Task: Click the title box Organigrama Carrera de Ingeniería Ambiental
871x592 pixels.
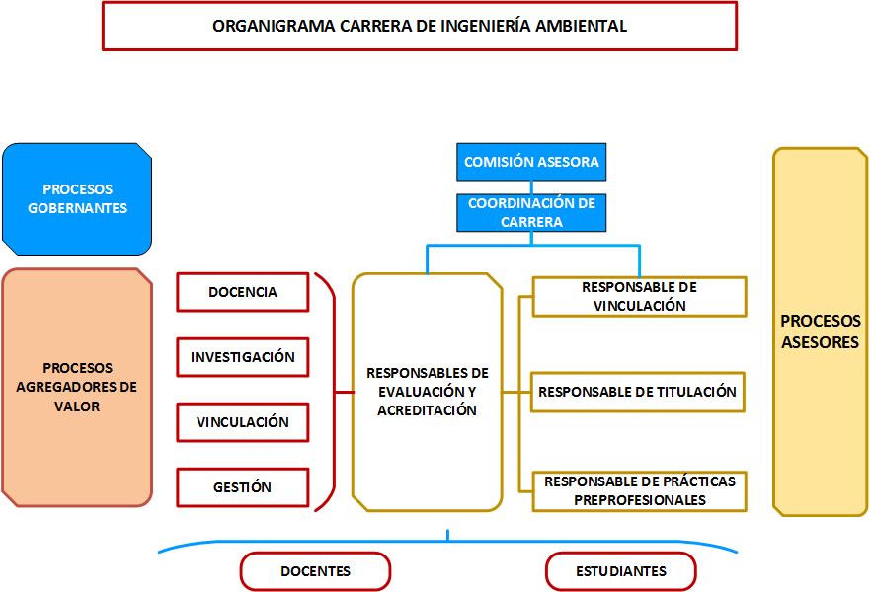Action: (420, 26)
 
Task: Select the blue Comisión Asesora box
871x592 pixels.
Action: (531, 162)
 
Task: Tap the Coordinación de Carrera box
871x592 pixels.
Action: (531, 212)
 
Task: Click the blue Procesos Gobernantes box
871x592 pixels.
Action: (77, 198)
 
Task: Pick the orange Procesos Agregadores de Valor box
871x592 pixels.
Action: (77, 388)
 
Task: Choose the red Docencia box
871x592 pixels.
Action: (243, 292)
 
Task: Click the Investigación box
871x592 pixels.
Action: (243, 357)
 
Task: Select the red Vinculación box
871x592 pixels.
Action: (243, 422)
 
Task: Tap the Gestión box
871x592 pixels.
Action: (243, 487)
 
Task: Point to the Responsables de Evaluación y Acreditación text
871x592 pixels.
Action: (428, 391)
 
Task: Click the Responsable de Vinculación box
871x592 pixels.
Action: (639, 296)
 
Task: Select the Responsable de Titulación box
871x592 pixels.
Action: (637, 392)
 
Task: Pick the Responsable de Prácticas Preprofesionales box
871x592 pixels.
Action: (639, 491)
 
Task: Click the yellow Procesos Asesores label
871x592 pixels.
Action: (821, 332)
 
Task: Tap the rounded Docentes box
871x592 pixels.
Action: (316, 571)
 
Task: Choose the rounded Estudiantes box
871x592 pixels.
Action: (621, 571)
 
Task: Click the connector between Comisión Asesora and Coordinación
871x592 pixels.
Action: (531, 187)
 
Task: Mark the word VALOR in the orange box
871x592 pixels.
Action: (77, 407)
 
